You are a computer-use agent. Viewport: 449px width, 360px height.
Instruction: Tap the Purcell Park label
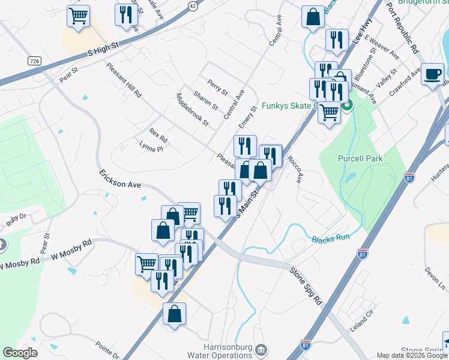pos(360,158)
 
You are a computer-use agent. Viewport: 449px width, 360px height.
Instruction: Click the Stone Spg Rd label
pos(306,287)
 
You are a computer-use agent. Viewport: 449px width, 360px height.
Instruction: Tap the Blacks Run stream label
pos(330,238)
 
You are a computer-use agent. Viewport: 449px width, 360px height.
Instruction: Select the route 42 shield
pos(191,5)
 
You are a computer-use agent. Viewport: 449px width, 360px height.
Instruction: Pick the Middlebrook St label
pos(192,110)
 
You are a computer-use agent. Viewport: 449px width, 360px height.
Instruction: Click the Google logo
pos(20,353)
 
